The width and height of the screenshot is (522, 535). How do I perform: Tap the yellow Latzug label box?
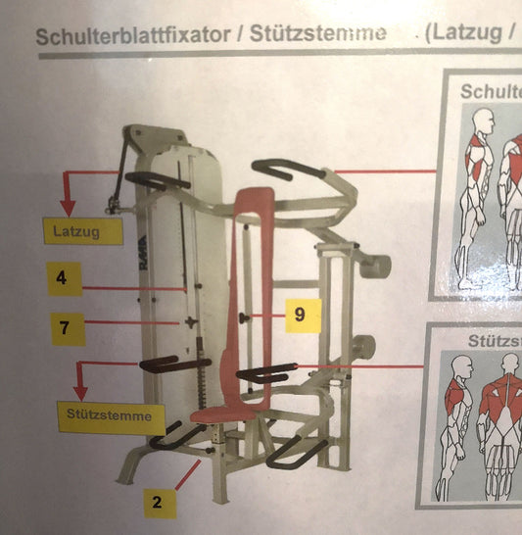pyautogui.click(x=83, y=231)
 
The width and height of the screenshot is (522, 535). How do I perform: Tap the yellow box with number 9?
pyautogui.click(x=302, y=316)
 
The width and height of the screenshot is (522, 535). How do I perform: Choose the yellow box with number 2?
pyautogui.click(x=155, y=504)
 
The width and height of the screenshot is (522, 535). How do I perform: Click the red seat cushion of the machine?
pyautogui.click(x=222, y=415)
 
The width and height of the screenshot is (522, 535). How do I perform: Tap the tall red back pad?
pyautogui.click(x=252, y=284)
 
